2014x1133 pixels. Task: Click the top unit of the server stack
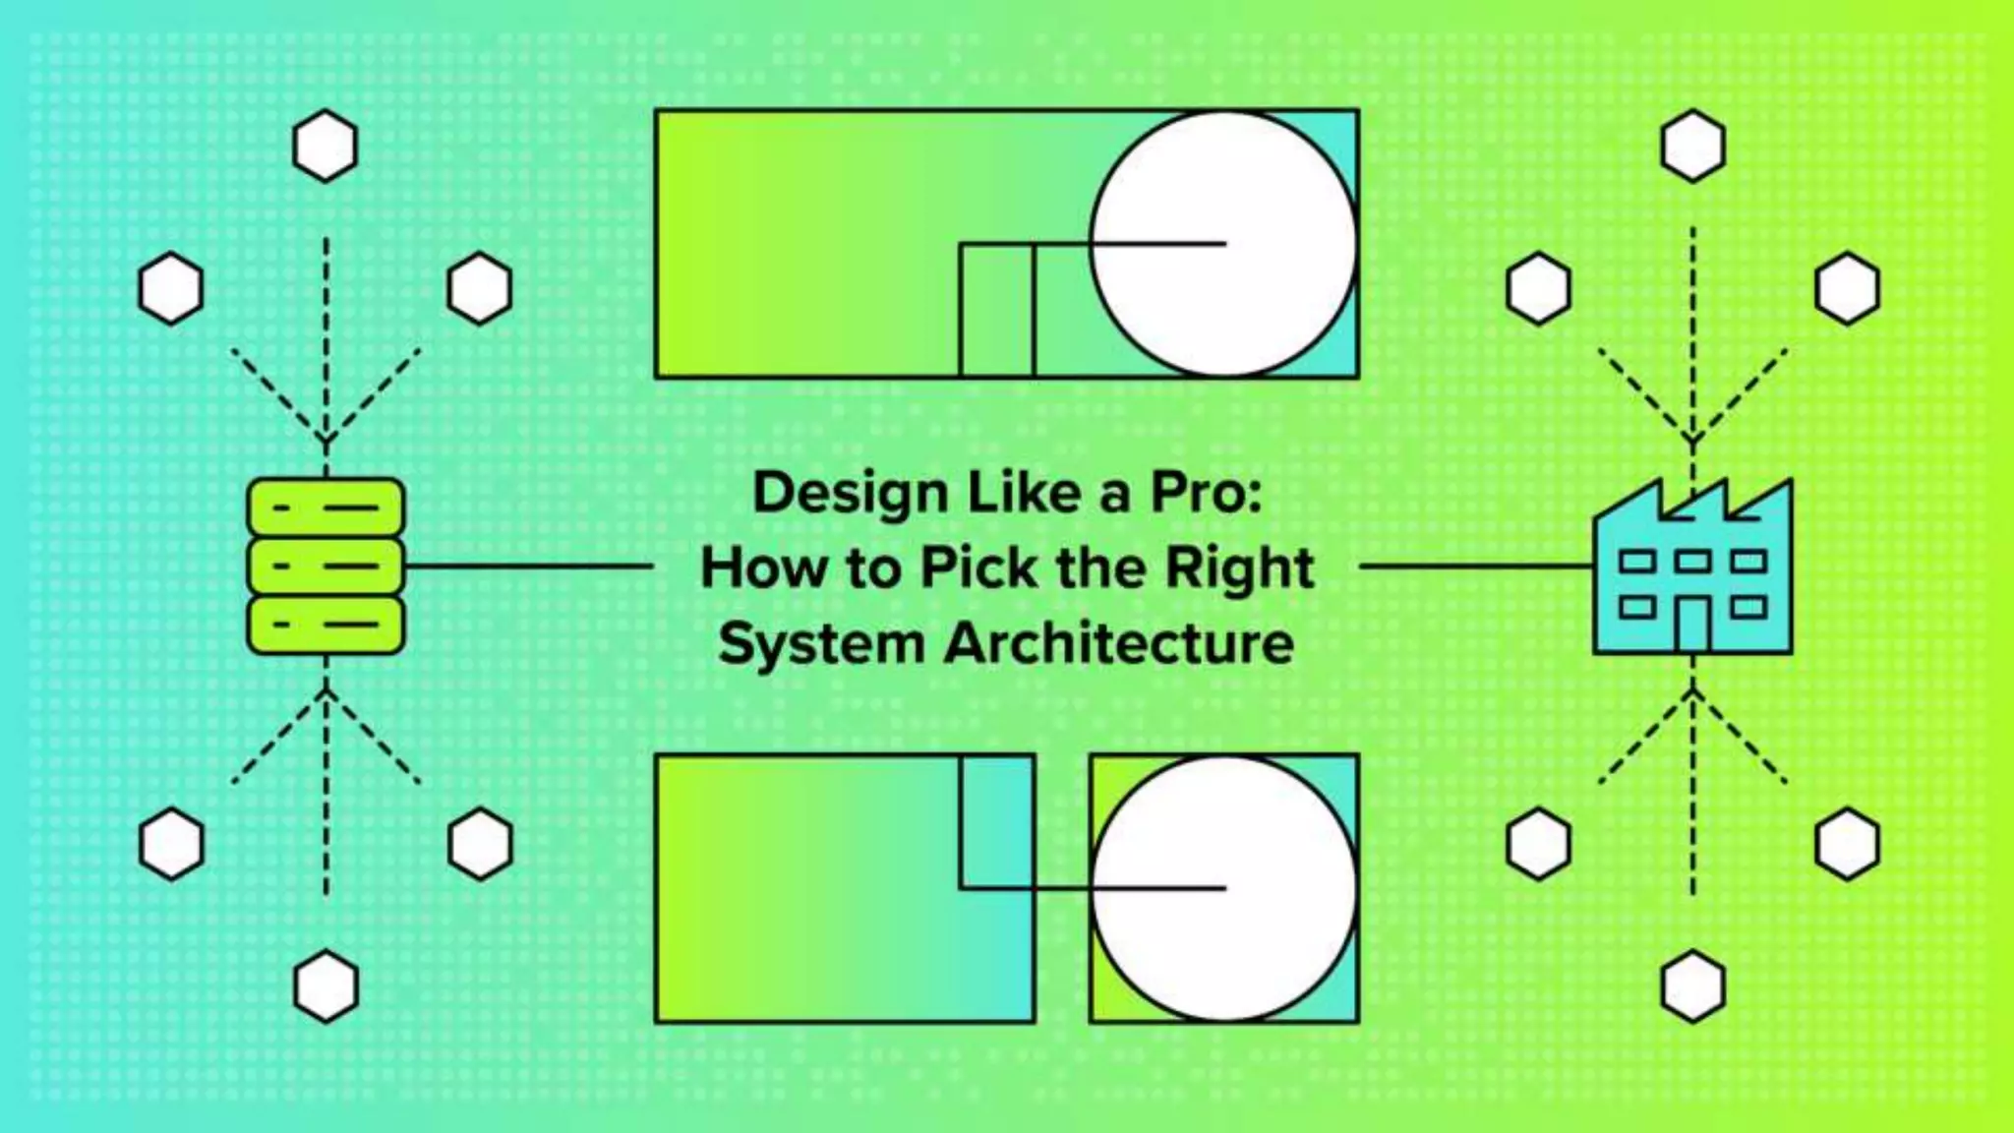[326, 507]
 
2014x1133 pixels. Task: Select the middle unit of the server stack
[326, 566]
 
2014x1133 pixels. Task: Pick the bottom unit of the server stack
[326, 625]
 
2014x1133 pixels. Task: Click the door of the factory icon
[1691, 624]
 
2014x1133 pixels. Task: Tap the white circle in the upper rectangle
[1223, 243]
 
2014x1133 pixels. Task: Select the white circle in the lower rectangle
[1223, 888]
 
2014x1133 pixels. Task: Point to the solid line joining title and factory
[1475, 566]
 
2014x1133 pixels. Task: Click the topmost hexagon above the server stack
[326, 146]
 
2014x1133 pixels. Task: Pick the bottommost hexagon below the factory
[1692, 985]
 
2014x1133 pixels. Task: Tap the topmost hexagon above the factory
[1692, 146]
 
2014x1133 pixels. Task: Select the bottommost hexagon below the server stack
[326, 985]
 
